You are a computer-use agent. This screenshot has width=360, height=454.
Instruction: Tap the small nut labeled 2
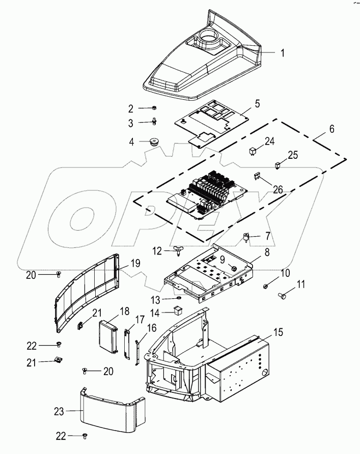[x=154, y=108]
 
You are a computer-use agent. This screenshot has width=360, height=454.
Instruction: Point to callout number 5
[x=257, y=104]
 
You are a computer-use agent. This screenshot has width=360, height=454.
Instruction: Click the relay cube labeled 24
[x=253, y=150]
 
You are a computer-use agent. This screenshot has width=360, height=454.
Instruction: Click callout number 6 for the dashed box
[x=331, y=129]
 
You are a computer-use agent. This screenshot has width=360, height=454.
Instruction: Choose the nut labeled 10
[x=266, y=288]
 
